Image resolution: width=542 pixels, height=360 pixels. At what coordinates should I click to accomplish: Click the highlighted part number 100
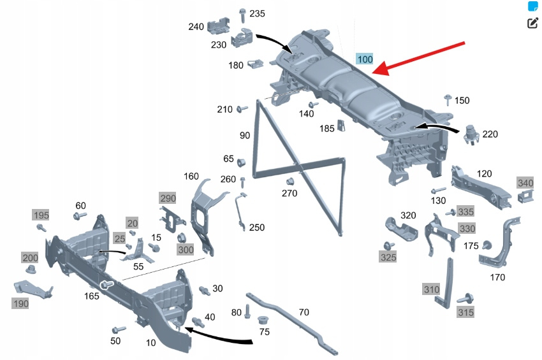point(365,60)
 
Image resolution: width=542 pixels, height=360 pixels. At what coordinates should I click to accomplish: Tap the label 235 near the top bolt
point(258,13)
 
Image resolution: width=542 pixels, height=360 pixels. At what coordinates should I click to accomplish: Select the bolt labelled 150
point(447,99)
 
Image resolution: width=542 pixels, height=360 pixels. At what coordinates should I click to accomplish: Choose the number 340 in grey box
point(525,183)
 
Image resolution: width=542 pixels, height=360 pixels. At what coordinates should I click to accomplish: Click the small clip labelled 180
point(255,64)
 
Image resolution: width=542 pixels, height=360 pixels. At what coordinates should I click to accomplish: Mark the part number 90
point(245,135)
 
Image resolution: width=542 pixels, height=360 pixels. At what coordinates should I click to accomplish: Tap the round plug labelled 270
point(288,180)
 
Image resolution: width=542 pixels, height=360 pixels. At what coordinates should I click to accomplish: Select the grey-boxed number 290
point(168,198)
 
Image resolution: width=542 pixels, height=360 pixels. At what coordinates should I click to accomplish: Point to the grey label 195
point(41,215)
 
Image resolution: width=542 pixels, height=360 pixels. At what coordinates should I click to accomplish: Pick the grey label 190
point(20,304)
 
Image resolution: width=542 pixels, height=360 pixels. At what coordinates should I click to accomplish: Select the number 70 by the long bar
point(304,312)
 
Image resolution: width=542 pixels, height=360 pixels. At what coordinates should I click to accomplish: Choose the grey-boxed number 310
point(432,289)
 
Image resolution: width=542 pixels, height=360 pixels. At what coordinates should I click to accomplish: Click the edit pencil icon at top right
point(533,24)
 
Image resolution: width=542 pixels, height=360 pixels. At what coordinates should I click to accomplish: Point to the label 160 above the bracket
point(191,176)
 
